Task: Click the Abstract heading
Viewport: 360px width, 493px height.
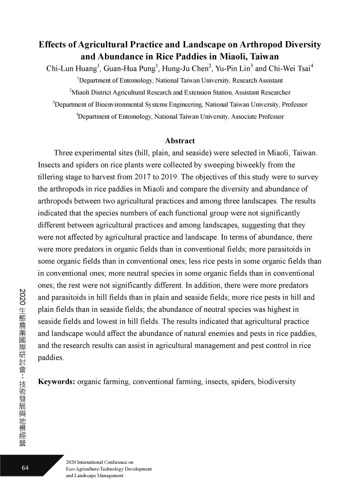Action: pos(180,141)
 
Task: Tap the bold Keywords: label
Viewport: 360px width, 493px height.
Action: pos(57,381)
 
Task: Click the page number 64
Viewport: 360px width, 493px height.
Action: pos(25,468)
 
